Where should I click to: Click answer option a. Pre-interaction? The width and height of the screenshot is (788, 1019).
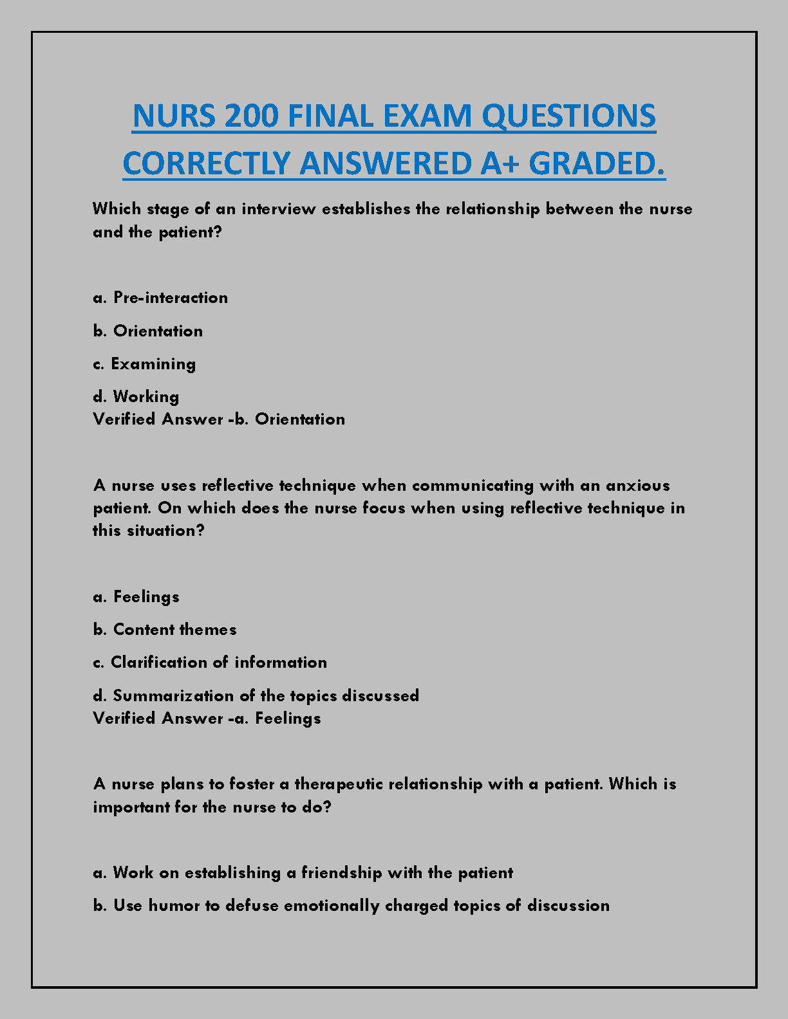(x=160, y=298)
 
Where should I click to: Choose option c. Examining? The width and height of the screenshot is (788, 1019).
(x=144, y=364)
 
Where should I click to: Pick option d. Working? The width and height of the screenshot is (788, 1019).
(x=136, y=397)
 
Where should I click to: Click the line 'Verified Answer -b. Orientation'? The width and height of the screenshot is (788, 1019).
(x=219, y=419)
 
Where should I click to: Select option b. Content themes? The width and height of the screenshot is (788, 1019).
(x=165, y=630)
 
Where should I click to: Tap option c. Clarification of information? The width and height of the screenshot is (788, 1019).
(x=210, y=663)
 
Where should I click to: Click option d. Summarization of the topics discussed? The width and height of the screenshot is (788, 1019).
(x=256, y=696)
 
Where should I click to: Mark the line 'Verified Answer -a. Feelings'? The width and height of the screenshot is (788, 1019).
(x=207, y=719)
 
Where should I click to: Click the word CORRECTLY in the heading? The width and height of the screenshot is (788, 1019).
(x=205, y=163)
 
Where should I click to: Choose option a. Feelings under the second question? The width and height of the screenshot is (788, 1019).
(x=136, y=597)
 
